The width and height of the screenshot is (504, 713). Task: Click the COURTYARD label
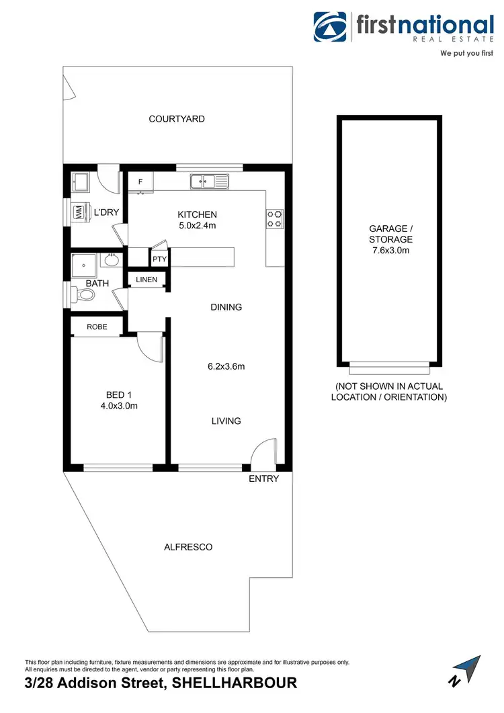pos(177,119)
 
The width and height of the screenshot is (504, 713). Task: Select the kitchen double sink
pos(209,181)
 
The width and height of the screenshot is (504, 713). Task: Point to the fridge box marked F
pos(141,181)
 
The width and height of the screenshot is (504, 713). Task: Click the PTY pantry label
pos(159,259)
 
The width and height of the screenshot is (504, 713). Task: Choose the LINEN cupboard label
pos(146,280)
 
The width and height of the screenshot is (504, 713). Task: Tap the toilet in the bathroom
pos(83,294)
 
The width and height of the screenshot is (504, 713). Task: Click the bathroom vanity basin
pos(111,261)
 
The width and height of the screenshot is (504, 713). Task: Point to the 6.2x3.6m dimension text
pos(226,367)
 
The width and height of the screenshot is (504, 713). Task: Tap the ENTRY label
pos(263,478)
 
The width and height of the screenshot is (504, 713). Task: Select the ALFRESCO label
pos(188,547)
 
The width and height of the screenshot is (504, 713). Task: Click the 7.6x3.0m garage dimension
pos(390,250)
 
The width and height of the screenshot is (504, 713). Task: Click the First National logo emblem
pos(331,27)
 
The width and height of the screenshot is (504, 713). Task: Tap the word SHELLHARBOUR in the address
pos(235,683)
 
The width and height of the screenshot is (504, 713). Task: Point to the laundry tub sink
pos(82,181)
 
